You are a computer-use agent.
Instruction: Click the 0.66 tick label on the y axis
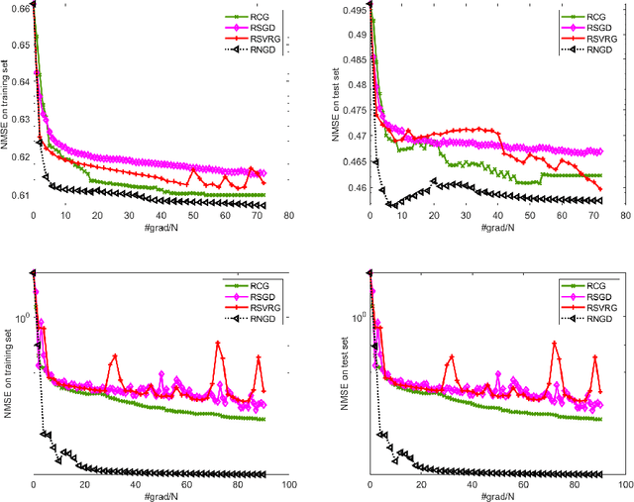pos(17,9)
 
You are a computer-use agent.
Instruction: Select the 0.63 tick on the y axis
pos(17,121)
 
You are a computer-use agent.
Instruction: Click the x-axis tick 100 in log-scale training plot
pos(288,486)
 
